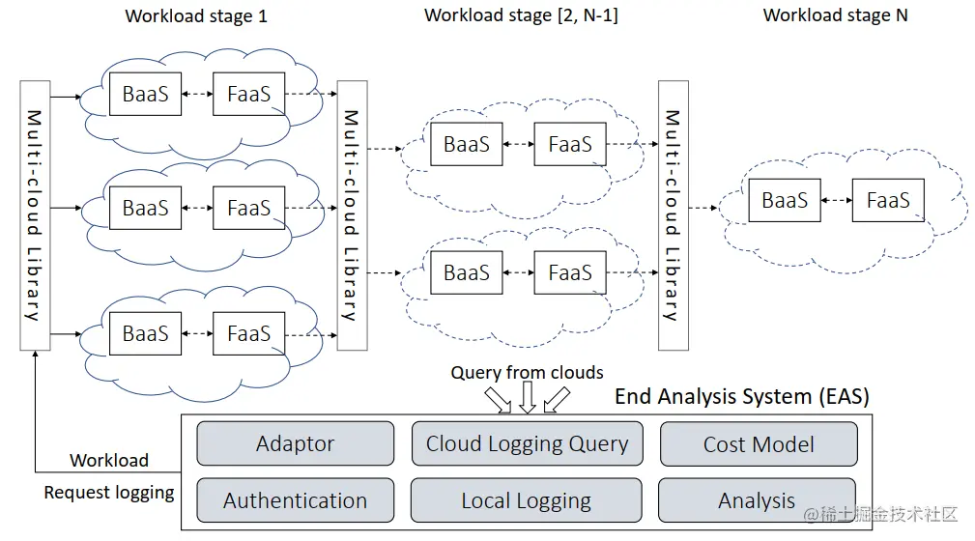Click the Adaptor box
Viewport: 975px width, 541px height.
(x=295, y=444)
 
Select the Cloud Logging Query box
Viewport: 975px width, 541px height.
(x=527, y=444)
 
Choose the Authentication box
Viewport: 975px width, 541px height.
(x=295, y=501)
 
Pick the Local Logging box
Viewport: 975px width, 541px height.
(x=527, y=501)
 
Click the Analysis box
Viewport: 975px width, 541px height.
(x=757, y=500)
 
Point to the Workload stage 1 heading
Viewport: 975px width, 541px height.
(x=196, y=15)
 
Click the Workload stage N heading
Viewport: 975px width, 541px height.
(x=835, y=15)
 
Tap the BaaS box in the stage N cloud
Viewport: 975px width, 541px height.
(x=785, y=201)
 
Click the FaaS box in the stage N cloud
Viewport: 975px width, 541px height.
(x=888, y=201)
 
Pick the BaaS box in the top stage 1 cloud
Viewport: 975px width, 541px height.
(x=145, y=94)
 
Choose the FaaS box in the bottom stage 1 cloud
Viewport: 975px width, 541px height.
(x=248, y=334)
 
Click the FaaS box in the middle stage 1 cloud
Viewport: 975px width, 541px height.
(x=248, y=208)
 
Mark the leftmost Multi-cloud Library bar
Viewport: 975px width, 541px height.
(x=34, y=215)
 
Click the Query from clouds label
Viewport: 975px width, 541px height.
(x=527, y=372)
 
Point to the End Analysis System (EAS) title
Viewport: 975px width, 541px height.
(x=742, y=396)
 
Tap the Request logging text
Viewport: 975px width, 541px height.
(x=109, y=493)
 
